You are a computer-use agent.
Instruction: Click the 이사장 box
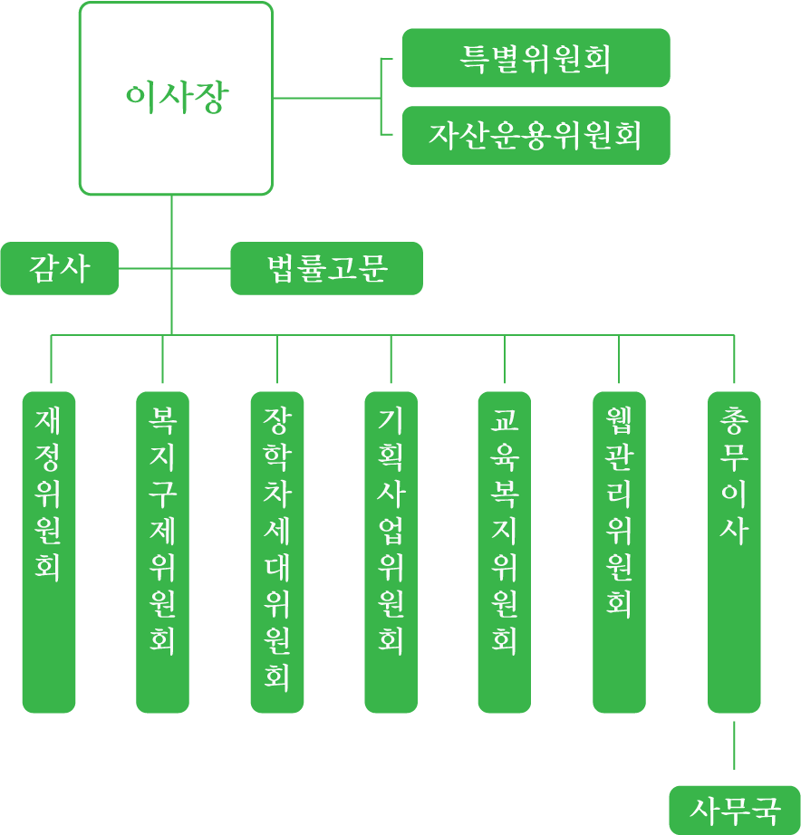click(x=176, y=98)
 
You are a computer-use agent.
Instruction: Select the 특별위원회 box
click(x=536, y=58)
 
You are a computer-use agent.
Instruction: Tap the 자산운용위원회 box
click(x=536, y=136)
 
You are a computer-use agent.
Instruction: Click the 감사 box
click(x=59, y=269)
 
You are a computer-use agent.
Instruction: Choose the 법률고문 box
click(x=326, y=269)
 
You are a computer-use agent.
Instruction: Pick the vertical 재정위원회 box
click(x=49, y=552)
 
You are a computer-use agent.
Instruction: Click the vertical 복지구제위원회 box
click(x=163, y=552)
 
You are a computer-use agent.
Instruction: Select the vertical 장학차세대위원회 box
click(x=277, y=552)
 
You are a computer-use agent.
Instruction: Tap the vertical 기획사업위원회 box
click(x=391, y=552)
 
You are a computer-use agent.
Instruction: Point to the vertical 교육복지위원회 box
click(x=505, y=552)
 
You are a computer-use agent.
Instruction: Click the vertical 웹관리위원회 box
click(x=619, y=552)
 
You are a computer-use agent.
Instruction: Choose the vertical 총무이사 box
click(x=734, y=552)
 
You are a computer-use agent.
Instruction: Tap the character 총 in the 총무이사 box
click(x=734, y=420)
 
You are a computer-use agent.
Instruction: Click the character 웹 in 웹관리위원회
click(x=619, y=420)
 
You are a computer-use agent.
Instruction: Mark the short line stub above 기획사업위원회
click(x=391, y=360)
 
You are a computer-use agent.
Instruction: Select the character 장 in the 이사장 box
click(x=210, y=98)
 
